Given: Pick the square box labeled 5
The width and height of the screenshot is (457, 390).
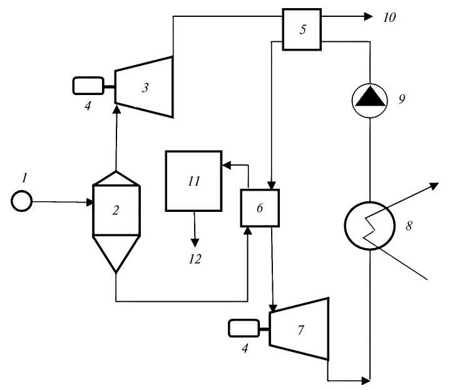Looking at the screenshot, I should [302, 29].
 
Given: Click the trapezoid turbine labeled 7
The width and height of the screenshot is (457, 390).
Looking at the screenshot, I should [300, 329].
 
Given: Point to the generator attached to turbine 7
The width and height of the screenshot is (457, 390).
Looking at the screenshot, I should [244, 328].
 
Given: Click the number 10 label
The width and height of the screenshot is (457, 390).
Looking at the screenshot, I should [389, 17].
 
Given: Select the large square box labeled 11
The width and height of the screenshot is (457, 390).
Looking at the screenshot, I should [193, 181].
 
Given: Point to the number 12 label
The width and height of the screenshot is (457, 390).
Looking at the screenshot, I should [195, 258].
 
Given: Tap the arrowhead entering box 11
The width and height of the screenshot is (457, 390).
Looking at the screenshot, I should [226, 165].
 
